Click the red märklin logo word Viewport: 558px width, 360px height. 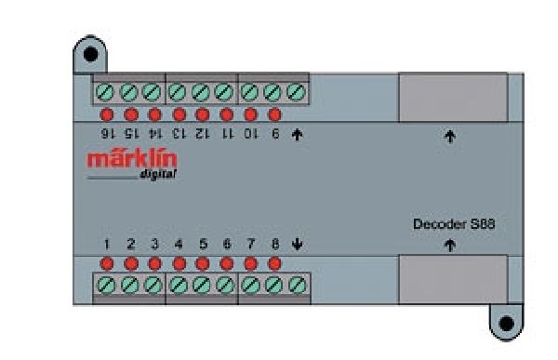tap(132, 159)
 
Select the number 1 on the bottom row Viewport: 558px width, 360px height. tap(107, 245)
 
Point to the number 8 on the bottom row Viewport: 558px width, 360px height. tap(274, 245)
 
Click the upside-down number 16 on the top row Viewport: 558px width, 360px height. tap(107, 134)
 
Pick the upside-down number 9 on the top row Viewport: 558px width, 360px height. tap(274, 134)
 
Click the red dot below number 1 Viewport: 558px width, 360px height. tap(107, 263)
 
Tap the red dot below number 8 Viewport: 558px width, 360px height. tap(274, 263)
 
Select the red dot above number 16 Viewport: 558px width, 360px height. tap(107, 115)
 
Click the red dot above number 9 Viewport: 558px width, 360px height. tap(274, 115)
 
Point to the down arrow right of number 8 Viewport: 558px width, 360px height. tap(298, 245)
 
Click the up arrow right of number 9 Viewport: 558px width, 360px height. tap(298, 134)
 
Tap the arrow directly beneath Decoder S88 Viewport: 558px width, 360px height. tap(450, 247)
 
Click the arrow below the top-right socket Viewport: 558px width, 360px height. tap(450, 137)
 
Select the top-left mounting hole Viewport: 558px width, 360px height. tap(89, 54)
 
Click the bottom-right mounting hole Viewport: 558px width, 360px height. tap(506, 324)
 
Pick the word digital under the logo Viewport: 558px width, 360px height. tap(159, 176)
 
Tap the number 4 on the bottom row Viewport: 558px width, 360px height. tap(179, 245)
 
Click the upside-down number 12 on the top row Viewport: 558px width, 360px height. tap(203, 134)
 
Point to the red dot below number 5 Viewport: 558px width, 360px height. tap(203, 263)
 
